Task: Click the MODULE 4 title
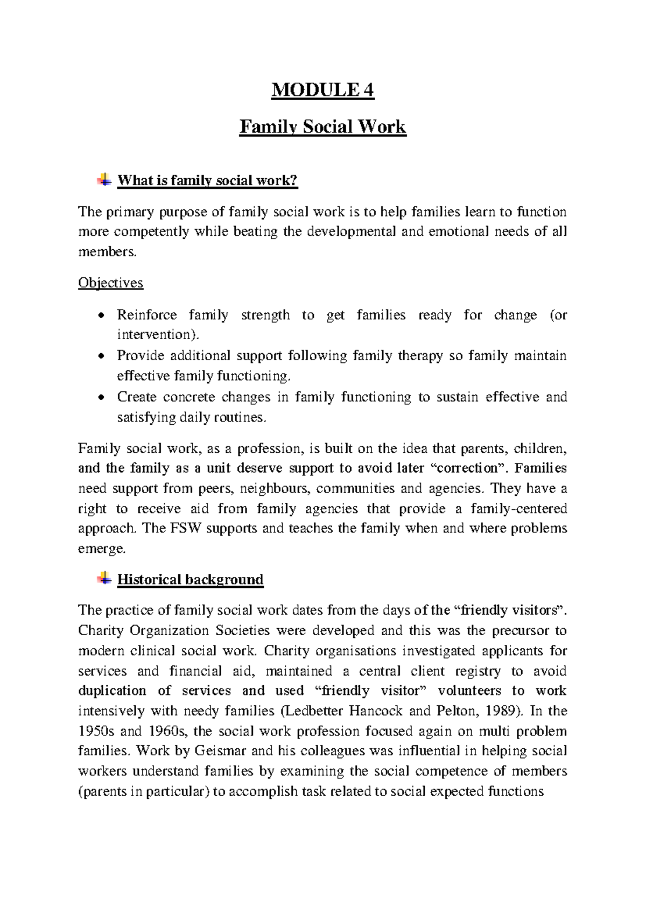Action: tap(322, 89)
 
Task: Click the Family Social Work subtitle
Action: tap(322, 127)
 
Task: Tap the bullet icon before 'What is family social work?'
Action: tap(104, 180)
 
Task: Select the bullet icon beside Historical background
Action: tap(104, 579)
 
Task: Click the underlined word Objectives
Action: tap(110, 283)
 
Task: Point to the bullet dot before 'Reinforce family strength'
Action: tap(101, 316)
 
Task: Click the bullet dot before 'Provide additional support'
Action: tap(101, 356)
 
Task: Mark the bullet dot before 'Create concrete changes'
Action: tap(101, 398)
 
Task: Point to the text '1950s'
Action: tap(95, 732)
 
